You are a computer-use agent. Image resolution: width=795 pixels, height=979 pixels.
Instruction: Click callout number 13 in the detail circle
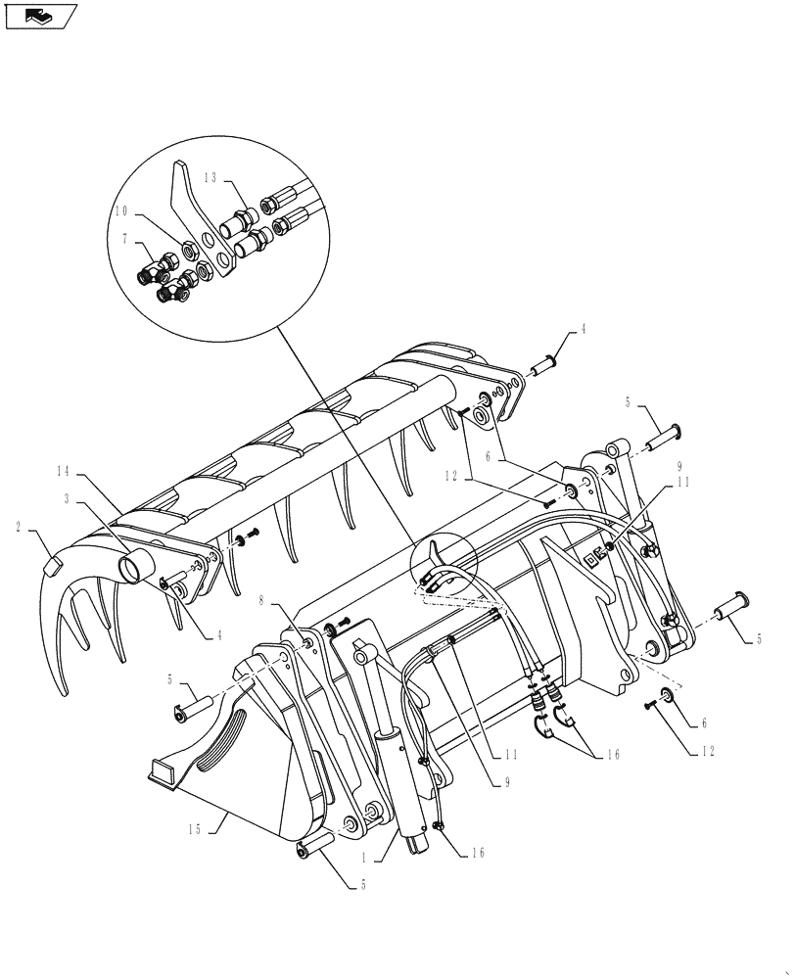click(212, 177)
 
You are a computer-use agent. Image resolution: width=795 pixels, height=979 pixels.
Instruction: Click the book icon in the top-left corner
click(38, 17)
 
